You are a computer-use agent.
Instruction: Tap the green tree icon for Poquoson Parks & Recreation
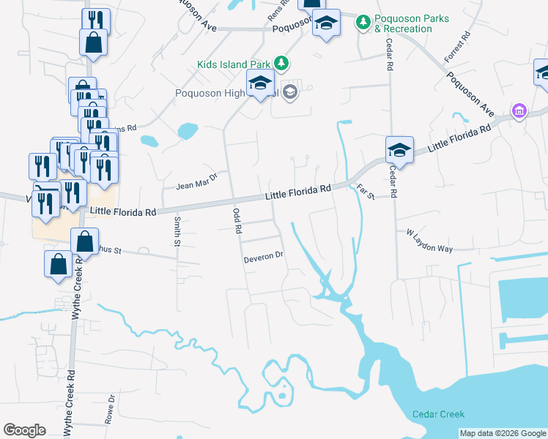363,23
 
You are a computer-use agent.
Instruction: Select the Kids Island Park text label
234,64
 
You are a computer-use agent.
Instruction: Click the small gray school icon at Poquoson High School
289,92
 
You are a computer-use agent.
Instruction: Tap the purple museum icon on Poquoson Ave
519,110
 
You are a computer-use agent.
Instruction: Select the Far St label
365,192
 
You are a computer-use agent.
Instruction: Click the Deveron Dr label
263,258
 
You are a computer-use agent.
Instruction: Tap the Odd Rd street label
237,219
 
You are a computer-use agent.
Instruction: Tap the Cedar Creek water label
438,414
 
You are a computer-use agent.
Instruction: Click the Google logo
24,430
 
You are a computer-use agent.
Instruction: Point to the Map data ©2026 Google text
502,433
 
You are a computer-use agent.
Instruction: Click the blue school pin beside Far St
399,151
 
